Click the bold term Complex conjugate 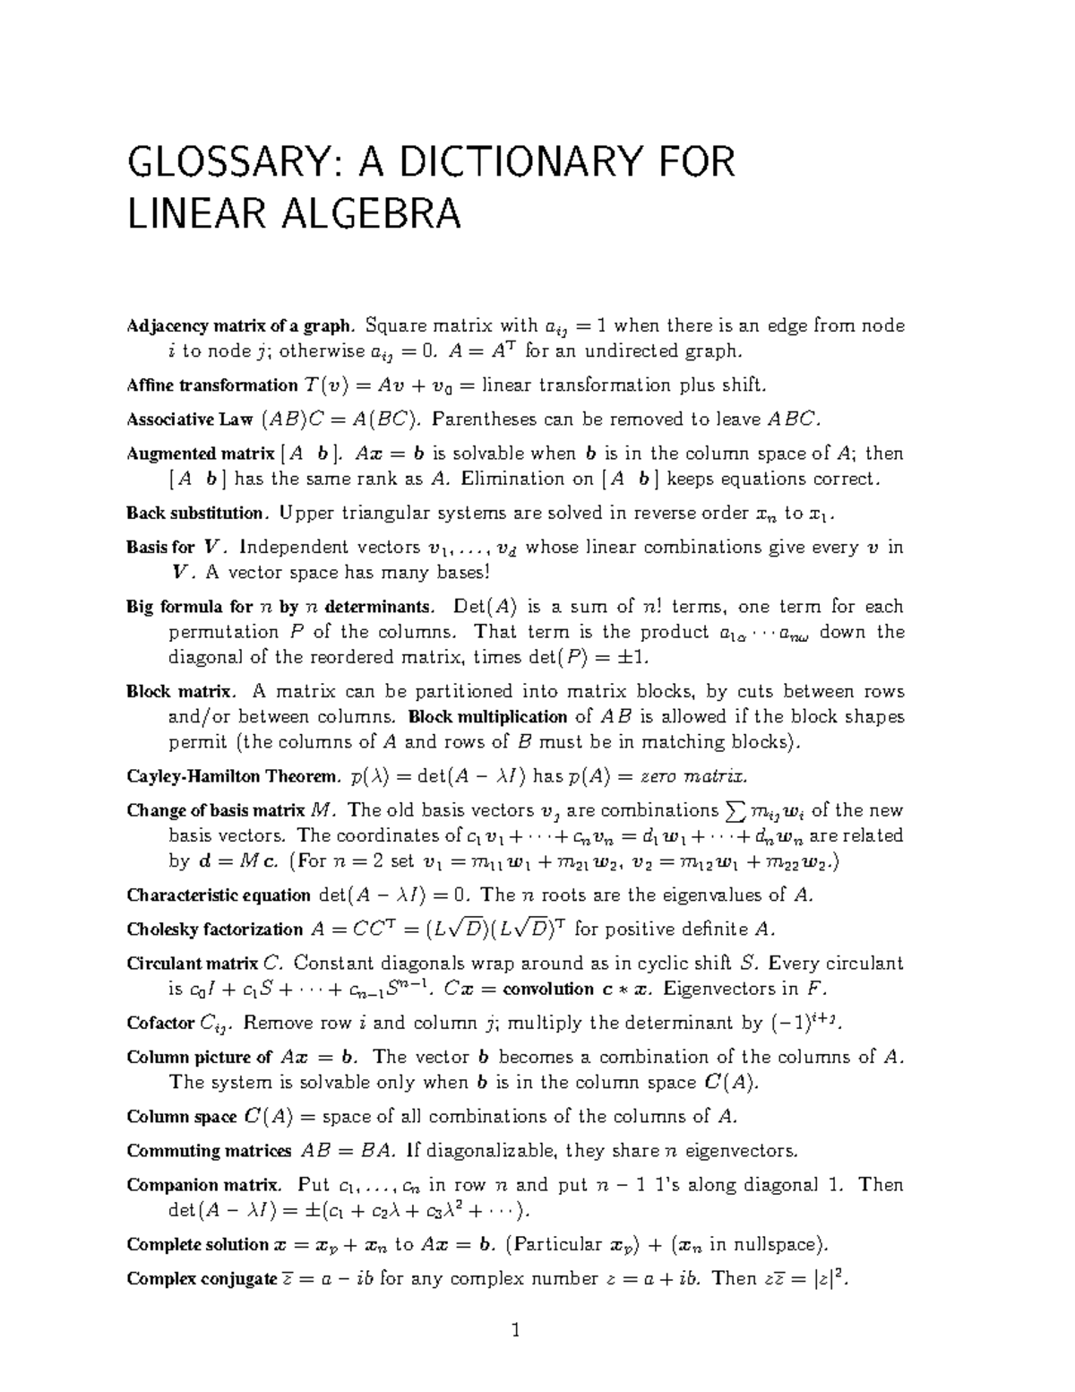(x=202, y=1279)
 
